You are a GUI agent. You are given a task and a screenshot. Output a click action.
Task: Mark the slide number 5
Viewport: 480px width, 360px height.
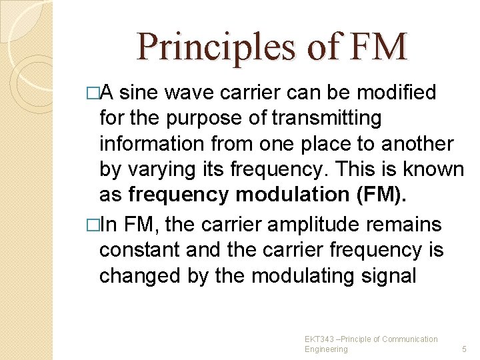click(x=465, y=349)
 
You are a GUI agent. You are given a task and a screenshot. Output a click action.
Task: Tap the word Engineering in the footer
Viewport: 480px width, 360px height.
click(x=326, y=349)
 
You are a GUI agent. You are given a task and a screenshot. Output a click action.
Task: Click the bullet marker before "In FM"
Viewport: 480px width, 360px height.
click(x=92, y=224)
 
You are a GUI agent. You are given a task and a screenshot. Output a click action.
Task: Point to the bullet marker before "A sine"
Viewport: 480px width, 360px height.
click(x=92, y=93)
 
